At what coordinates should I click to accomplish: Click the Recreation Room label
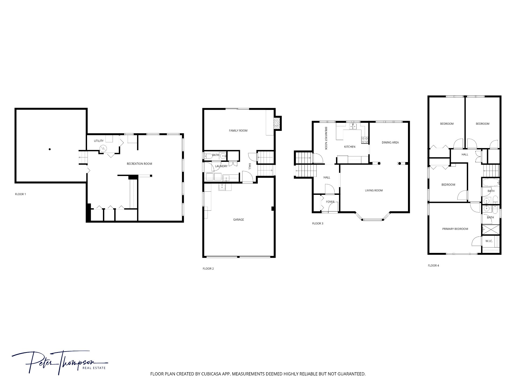(x=139, y=164)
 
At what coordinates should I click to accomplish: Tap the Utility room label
(x=99, y=141)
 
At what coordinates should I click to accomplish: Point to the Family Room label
(x=238, y=131)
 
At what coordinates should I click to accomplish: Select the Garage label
(x=238, y=220)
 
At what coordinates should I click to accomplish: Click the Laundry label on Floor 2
(x=221, y=166)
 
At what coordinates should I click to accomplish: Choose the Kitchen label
(x=350, y=147)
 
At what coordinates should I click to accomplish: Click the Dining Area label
(x=390, y=142)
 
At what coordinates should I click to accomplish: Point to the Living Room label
(x=374, y=191)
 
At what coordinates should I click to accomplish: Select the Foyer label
(x=330, y=202)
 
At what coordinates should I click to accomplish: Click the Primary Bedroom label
(x=455, y=229)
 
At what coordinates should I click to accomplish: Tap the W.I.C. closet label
(x=489, y=241)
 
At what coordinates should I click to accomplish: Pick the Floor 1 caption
(x=20, y=194)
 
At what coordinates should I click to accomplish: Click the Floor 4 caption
(x=433, y=266)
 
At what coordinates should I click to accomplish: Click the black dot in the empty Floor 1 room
(x=50, y=149)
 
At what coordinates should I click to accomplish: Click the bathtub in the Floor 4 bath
(x=491, y=183)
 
